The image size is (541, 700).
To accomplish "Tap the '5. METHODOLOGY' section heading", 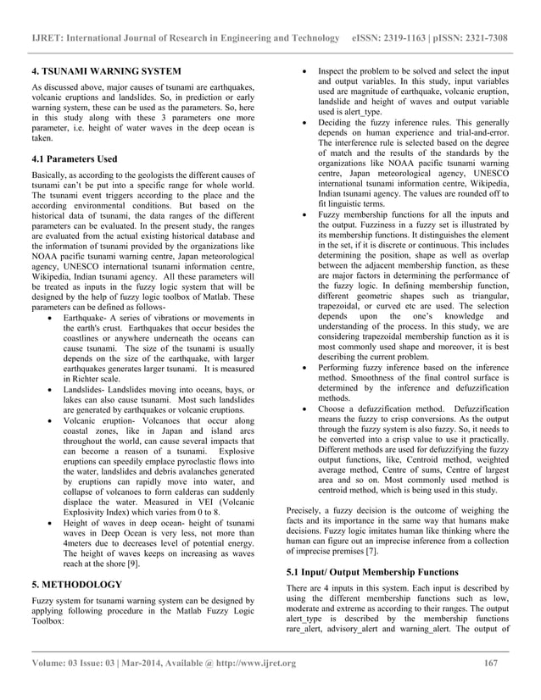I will (77, 584).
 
